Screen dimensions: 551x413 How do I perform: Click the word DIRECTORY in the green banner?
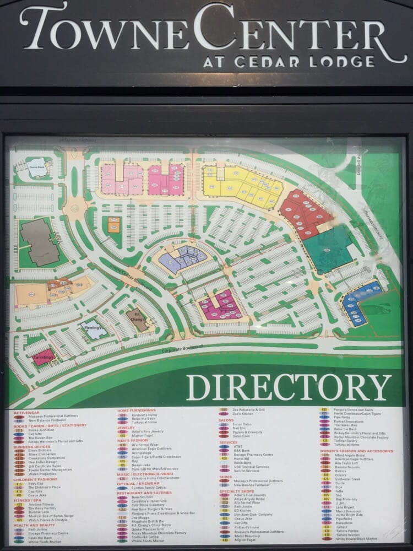tap(289, 387)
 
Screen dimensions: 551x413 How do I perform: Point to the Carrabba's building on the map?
tap(44, 358)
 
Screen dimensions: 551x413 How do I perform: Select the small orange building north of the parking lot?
tap(113, 224)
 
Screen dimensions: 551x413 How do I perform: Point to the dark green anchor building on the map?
tap(328, 249)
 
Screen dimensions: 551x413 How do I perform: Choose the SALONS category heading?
tap(226, 420)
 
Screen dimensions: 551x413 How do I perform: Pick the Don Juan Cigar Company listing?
tap(253, 514)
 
